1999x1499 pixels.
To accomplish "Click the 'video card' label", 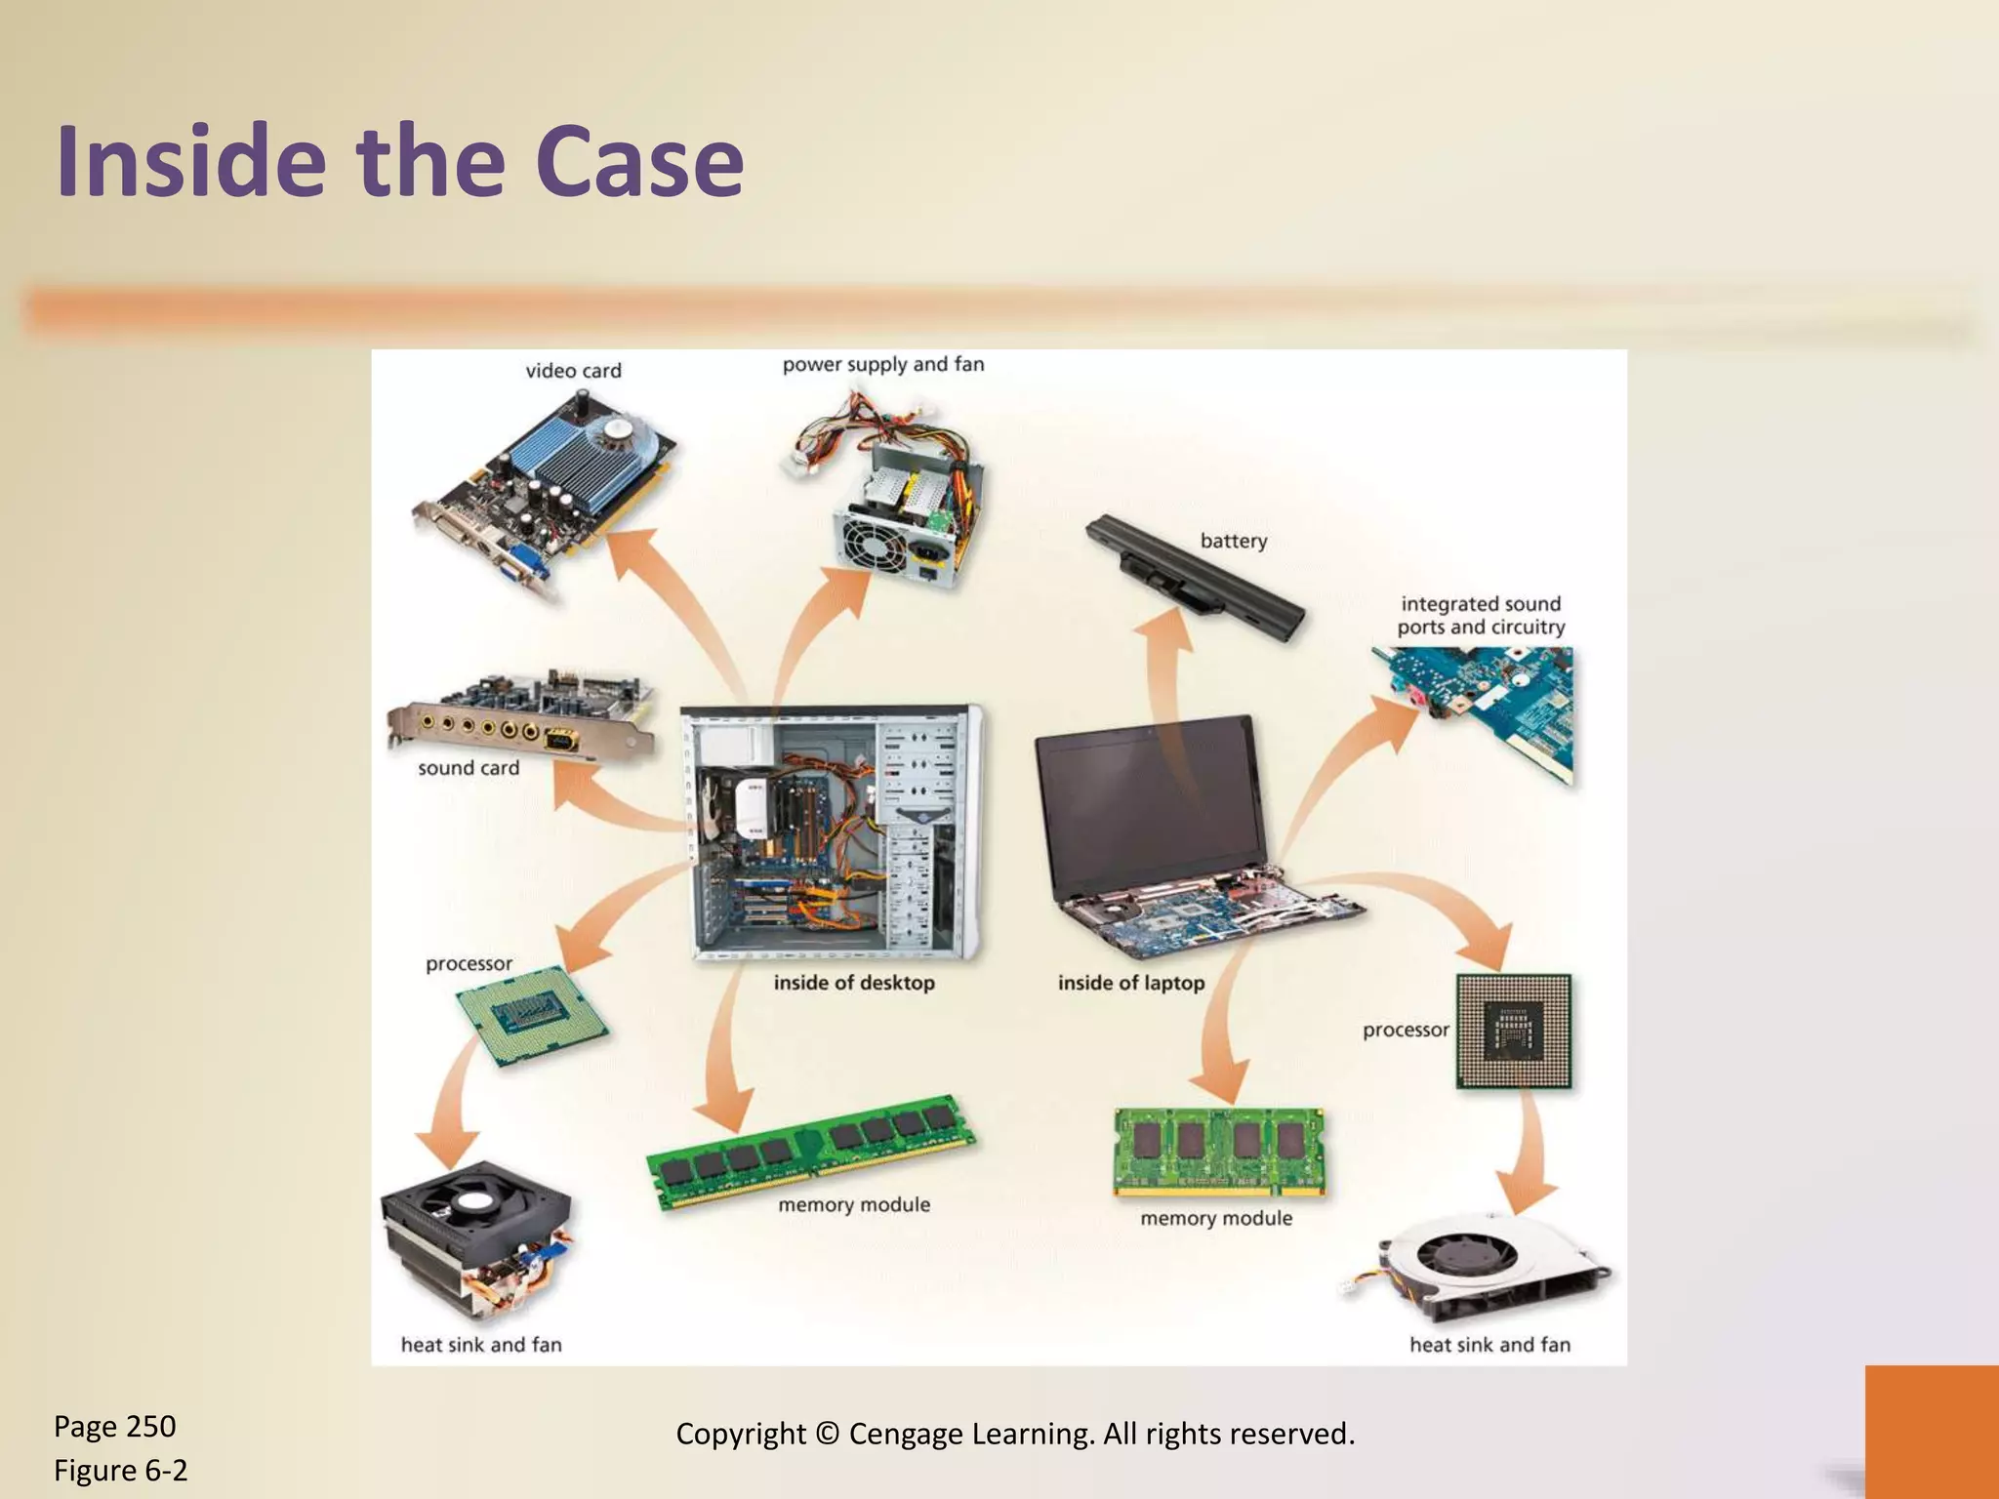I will pos(573,371).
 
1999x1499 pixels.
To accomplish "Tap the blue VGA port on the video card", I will pos(520,564).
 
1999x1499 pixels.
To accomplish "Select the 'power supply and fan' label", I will pos(882,364).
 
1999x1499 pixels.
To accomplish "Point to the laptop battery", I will pos(1194,579).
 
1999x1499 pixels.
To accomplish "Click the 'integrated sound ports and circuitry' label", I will pos(1481,616).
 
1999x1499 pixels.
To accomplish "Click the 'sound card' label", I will pos(469,768).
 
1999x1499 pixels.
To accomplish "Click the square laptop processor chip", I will pos(1513,1031).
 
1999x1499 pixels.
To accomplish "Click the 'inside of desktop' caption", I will pos(854,983).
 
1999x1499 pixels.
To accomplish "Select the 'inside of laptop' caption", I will pos(1130,983).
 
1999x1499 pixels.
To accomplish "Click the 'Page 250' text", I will pos(114,1427).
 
